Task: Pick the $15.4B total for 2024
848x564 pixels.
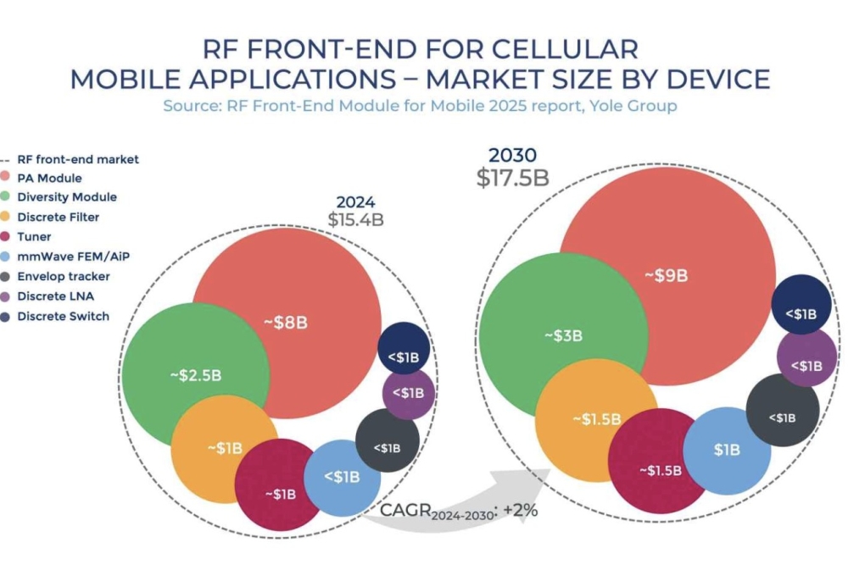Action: [x=356, y=219]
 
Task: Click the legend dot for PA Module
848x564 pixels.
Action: [x=8, y=178]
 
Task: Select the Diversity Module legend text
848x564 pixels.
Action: [x=67, y=197]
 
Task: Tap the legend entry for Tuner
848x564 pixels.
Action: [x=34, y=237]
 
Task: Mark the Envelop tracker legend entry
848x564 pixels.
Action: [x=64, y=277]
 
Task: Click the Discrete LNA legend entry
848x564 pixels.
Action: [x=56, y=297]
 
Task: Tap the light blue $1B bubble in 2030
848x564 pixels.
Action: [x=727, y=450]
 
